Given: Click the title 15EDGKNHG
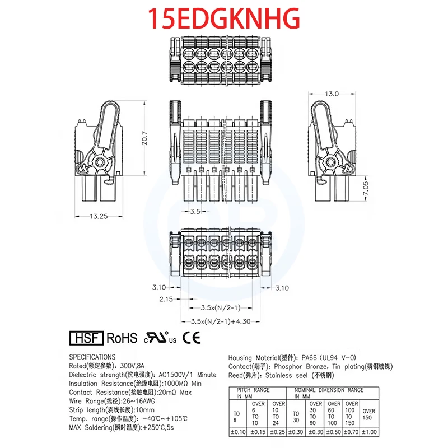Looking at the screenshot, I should [x=224, y=18].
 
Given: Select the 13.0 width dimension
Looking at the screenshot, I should [x=333, y=94].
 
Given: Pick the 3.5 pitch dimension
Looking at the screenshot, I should [x=195, y=212].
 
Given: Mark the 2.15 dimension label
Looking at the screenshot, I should [x=166, y=299].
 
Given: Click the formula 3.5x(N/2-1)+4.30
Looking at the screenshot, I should [x=220, y=321].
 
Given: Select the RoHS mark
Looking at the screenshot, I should [x=122, y=338].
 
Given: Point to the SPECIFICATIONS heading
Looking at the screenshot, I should [x=92, y=357].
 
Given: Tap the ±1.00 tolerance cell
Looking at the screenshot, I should [x=370, y=431].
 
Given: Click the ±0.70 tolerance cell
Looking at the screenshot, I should [x=352, y=431].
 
